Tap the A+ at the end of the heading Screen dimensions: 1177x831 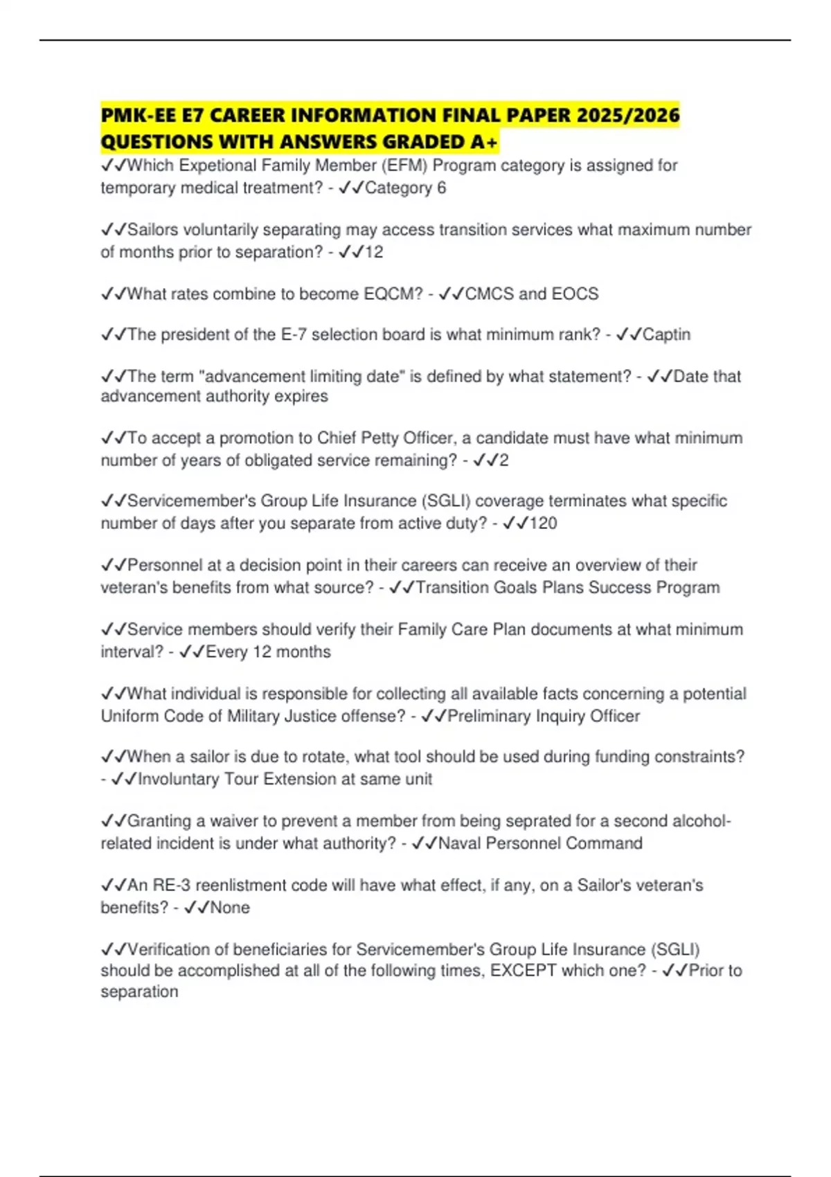pos(483,142)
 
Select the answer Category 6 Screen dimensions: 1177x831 pos(405,188)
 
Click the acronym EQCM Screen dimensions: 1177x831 pos(393,294)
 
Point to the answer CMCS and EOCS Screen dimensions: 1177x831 pos(531,294)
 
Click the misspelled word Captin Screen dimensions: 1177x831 pos(666,334)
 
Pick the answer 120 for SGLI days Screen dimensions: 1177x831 pos(543,523)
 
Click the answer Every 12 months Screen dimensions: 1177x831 pos(268,652)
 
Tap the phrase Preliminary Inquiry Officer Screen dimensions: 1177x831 pos(544,716)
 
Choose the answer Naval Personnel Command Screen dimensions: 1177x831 pos(540,843)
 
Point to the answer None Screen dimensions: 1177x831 pos(230,907)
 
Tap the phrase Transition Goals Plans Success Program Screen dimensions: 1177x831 pos(568,587)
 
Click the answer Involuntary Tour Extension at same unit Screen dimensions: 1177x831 pos(285,779)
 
